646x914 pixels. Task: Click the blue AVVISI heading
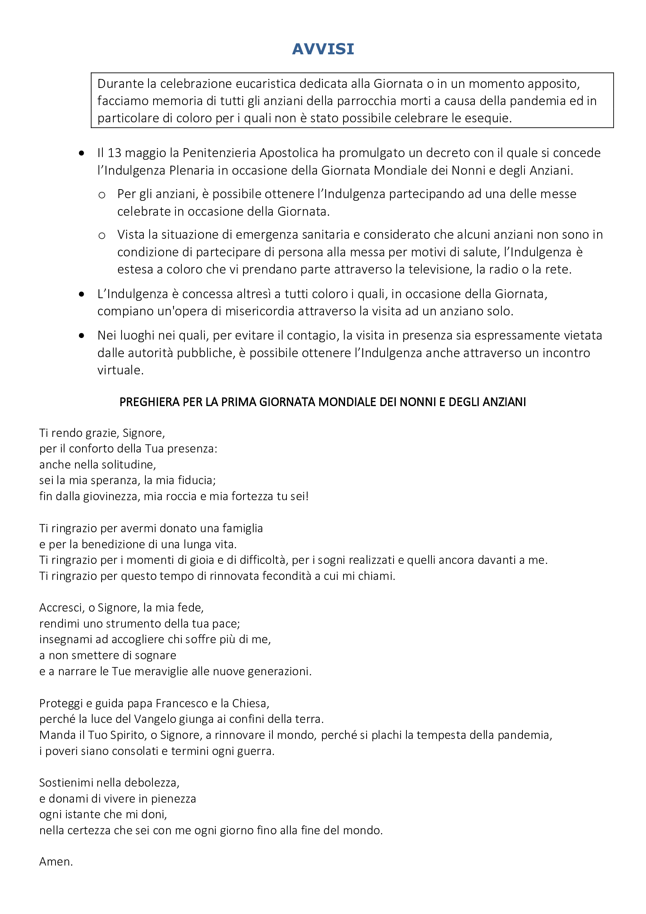pyautogui.click(x=323, y=49)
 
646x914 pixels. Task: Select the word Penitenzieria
pyautogui.click(x=219, y=153)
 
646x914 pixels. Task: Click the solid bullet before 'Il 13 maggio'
pyautogui.click(x=82, y=153)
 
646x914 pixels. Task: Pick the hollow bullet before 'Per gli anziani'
pyautogui.click(x=102, y=195)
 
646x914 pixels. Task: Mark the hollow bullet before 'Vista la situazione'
pyautogui.click(x=102, y=235)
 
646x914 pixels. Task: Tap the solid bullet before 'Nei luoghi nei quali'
pyautogui.click(x=82, y=336)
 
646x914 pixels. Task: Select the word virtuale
pyautogui.click(x=120, y=370)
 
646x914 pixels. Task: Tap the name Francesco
pyautogui.click(x=182, y=703)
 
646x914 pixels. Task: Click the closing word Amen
pyautogui.click(x=55, y=862)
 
